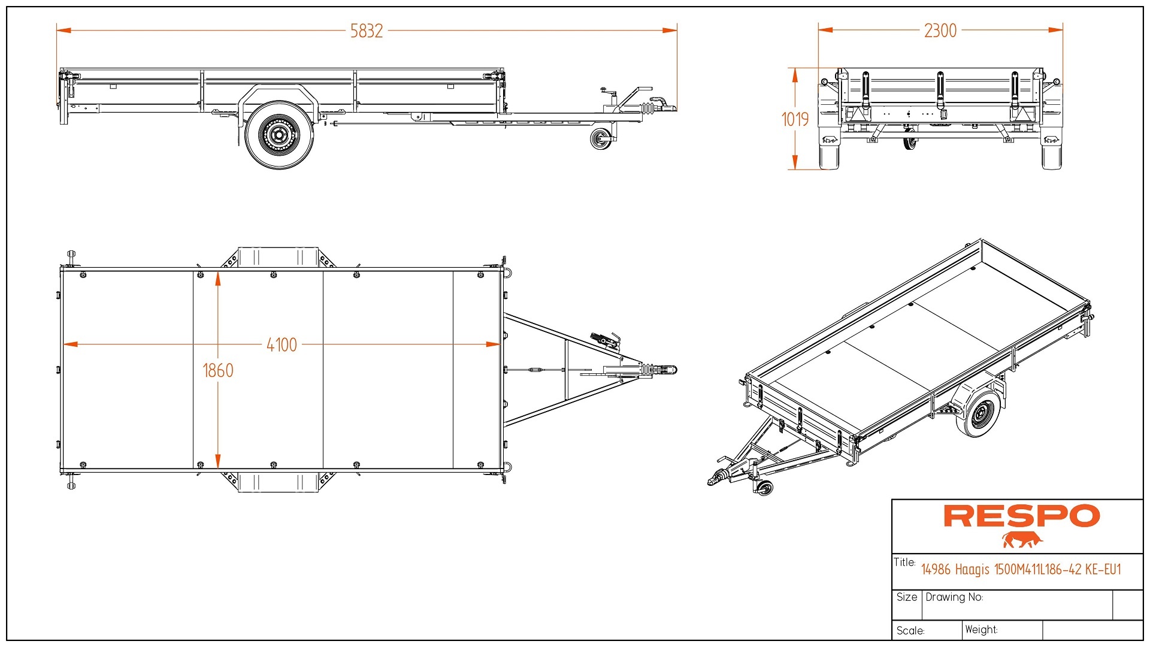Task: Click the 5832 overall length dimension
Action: (367, 31)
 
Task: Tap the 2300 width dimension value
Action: (940, 31)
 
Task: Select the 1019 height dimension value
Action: (795, 119)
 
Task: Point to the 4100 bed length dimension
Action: (282, 345)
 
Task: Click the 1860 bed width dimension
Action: (218, 370)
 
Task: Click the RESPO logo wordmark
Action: (1022, 516)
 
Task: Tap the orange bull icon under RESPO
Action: (1022, 540)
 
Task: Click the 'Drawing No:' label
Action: (954, 597)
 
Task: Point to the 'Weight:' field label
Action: (981, 630)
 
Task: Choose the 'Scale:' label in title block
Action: (910, 631)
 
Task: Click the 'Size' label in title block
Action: (907, 597)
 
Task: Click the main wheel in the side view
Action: (279, 135)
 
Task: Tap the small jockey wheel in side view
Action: (600, 140)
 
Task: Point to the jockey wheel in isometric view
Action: (764, 488)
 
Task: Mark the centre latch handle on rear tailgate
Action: (940, 90)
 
